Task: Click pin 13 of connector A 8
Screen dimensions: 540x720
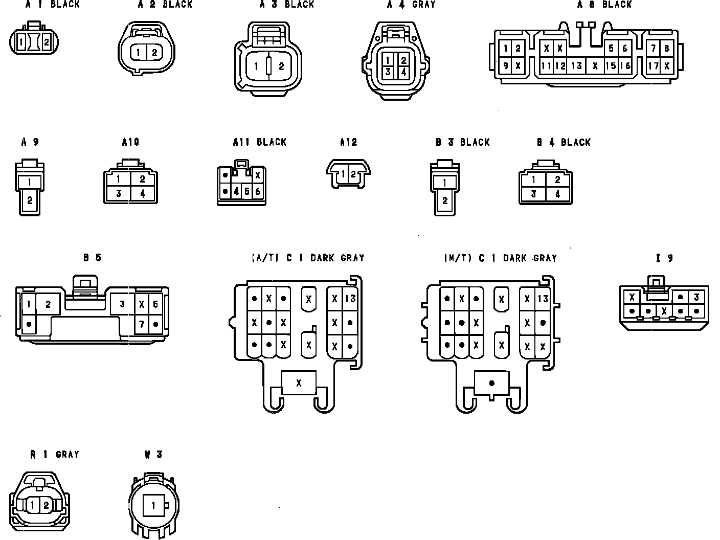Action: click(x=577, y=65)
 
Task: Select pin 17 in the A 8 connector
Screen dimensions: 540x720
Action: click(x=654, y=65)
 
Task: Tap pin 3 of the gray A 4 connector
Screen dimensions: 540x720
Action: click(x=388, y=72)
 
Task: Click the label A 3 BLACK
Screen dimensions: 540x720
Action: click(x=286, y=5)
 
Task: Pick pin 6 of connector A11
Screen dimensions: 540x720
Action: click(x=257, y=192)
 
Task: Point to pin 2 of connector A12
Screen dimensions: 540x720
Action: click(x=353, y=174)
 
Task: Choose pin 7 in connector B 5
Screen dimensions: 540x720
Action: click(x=141, y=324)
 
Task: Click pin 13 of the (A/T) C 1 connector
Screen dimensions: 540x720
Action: click(x=350, y=298)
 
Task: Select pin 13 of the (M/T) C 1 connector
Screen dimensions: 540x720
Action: click(x=543, y=299)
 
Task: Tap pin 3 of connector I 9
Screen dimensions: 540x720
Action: click(x=696, y=297)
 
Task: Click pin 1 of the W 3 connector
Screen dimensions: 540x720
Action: click(x=152, y=506)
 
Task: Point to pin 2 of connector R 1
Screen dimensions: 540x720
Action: click(x=46, y=505)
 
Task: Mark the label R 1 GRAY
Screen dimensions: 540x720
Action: click(x=54, y=454)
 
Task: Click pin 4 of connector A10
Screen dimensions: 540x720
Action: click(x=142, y=194)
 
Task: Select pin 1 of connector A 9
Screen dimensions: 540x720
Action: click(x=30, y=182)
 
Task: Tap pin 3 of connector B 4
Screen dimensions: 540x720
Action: click(x=533, y=194)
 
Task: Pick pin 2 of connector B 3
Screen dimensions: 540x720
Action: click(x=444, y=200)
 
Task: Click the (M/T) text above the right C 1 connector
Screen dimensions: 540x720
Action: click(x=458, y=258)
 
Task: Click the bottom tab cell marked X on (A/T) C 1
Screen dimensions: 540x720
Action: click(x=299, y=382)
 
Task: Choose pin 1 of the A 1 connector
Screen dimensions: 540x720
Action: click(x=21, y=42)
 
